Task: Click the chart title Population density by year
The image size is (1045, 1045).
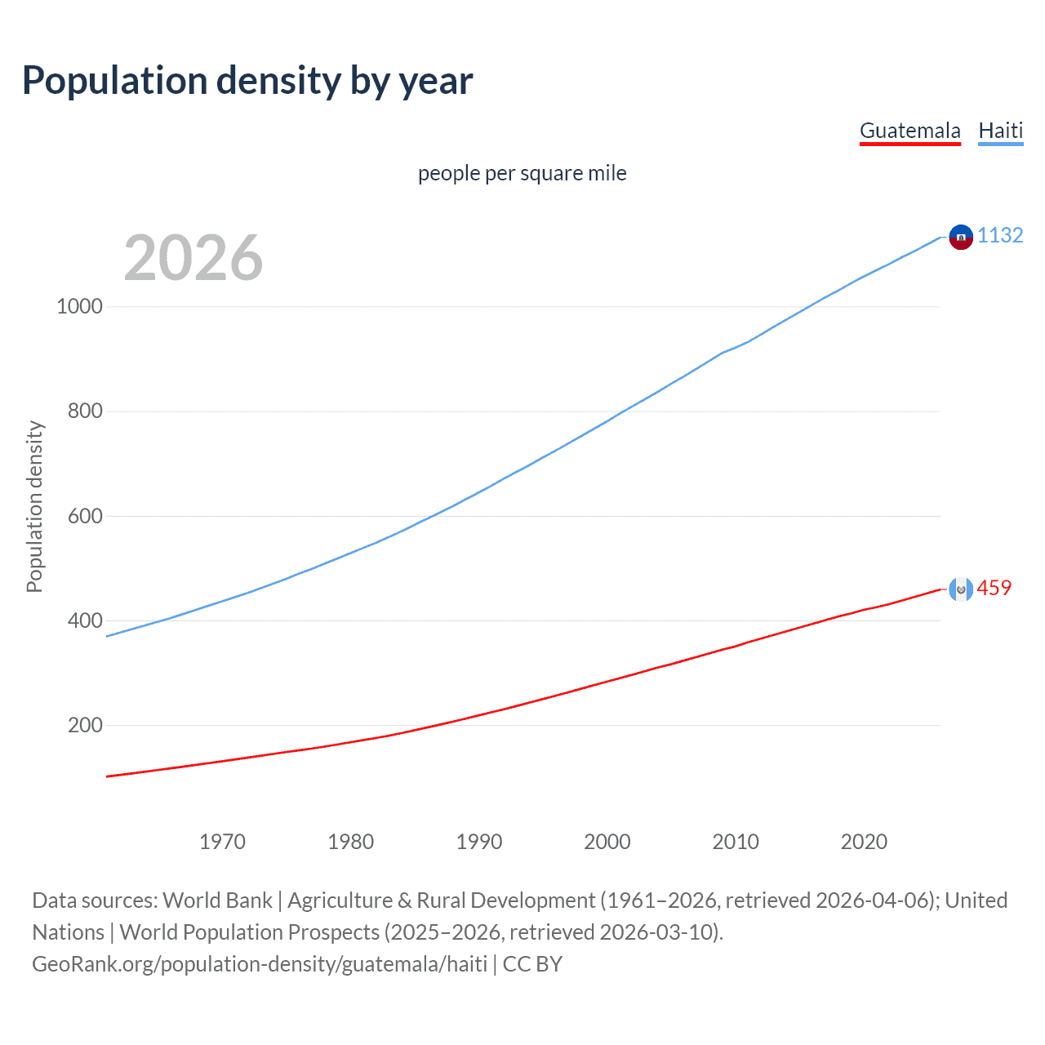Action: pyautogui.click(x=247, y=81)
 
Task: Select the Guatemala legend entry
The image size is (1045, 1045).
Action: pyautogui.click(x=909, y=131)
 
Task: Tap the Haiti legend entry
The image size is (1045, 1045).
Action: pyautogui.click(x=1000, y=131)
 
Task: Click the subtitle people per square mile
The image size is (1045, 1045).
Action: pyautogui.click(x=522, y=173)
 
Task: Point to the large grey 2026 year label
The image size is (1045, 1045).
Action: pyautogui.click(x=193, y=258)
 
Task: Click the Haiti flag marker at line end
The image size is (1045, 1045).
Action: pyautogui.click(x=961, y=237)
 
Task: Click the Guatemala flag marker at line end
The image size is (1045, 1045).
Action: pyautogui.click(x=961, y=589)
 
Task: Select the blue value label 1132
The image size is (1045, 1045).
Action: pyautogui.click(x=1000, y=235)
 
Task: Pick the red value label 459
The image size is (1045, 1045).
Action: pyautogui.click(x=994, y=588)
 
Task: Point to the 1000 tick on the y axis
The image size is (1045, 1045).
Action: pyautogui.click(x=79, y=306)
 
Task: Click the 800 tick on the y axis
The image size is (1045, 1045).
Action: pyautogui.click(x=85, y=411)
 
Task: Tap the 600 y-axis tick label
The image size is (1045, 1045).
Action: pyautogui.click(x=85, y=516)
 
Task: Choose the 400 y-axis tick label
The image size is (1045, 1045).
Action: pyautogui.click(x=85, y=620)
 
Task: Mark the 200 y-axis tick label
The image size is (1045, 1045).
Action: pyautogui.click(x=85, y=725)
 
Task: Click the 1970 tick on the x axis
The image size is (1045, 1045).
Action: pyautogui.click(x=222, y=842)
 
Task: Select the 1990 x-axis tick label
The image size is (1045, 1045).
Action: pyautogui.click(x=479, y=842)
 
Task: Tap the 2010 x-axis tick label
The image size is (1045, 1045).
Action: pyautogui.click(x=736, y=842)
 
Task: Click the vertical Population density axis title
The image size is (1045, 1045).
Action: pyautogui.click(x=34, y=506)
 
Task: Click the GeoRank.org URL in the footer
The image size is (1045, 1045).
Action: pyautogui.click(x=260, y=964)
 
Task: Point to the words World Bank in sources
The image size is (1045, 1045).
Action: pyautogui.click(x=217, y=900)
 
